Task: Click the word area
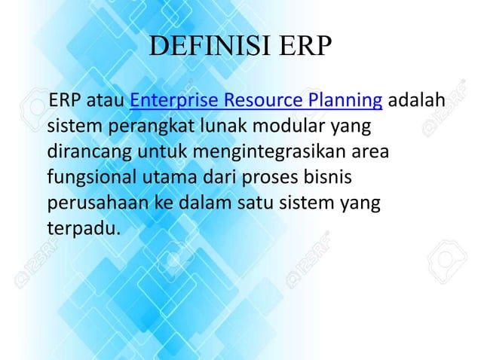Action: [x=371, y=152]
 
